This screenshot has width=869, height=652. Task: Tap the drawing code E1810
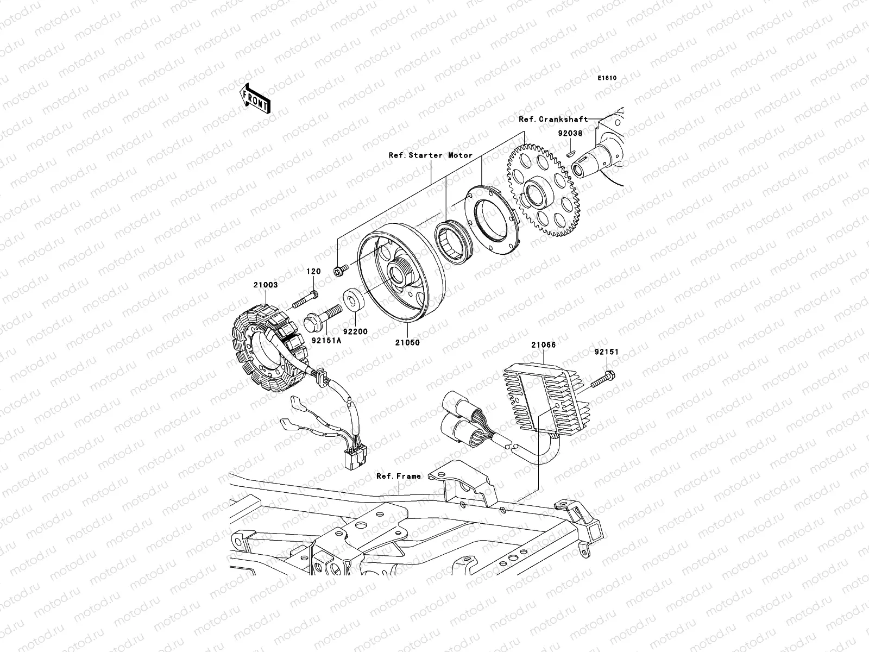pyautogui.click(x=608, y=78)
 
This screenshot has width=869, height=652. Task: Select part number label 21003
pyautogui.click(x=265, y=285)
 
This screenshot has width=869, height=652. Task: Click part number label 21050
pyautogui.click(x=407, y=343)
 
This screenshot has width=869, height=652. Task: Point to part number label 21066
pyautogui.click(x=543, y=344)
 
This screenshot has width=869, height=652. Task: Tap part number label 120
pyautogui.click(x=314, y=271)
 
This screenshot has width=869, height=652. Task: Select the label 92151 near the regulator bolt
pyautogui.click(x=606, y=352)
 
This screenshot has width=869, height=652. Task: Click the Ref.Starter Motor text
pyautogui.click(x=431, y=155)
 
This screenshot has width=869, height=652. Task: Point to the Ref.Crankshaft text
pyautogui.click(x=553, y=119)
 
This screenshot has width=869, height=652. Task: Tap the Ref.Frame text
pyautogui.click(x=399, y=476)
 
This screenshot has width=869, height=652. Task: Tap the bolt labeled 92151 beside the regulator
pyautogui.click(x=603, y=379)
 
